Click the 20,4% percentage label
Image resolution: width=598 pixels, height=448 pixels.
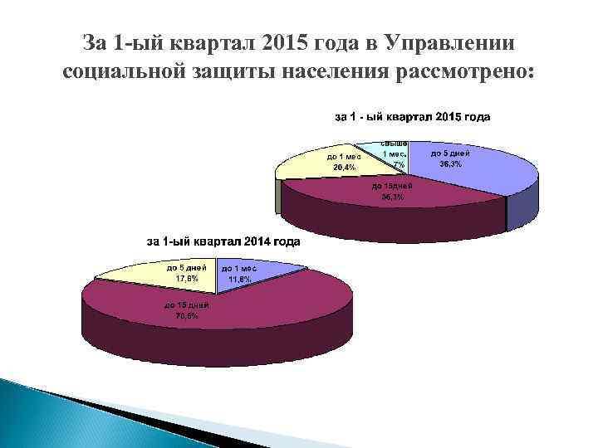click(343, 167)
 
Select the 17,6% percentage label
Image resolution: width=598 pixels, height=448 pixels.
click(186, 278)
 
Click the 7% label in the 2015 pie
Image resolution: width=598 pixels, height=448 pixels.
click(399, 163)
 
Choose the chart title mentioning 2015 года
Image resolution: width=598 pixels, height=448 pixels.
click(412, 116)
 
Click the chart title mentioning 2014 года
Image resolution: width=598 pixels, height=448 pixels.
click(223, 242)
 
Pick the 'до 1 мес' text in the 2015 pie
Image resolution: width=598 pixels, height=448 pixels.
click(343, 157)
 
